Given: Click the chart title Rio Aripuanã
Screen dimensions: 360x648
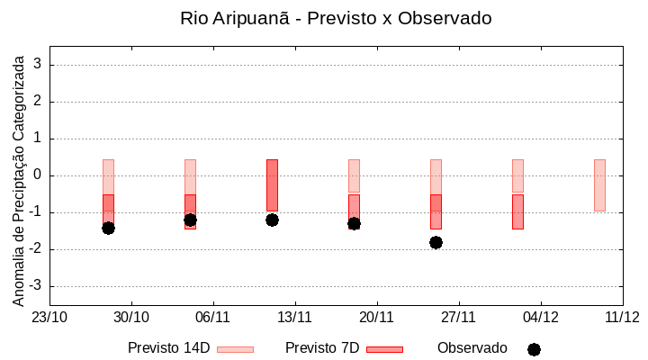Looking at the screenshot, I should (x=336, y=19).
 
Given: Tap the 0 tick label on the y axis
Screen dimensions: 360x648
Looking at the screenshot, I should (x=38, y=175).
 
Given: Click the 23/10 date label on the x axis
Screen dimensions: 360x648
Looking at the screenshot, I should (x=49, y=317).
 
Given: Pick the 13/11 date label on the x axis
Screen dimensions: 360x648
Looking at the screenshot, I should (x=294, y=317).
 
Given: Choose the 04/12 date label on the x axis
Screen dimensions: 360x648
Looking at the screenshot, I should (x=540, y=317).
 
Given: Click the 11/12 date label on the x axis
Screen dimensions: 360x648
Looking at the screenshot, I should (x=622, y=317).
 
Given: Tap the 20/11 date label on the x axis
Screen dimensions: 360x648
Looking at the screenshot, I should (x=376, y=317).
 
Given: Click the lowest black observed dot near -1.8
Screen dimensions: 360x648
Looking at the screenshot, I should (x=436, y=242).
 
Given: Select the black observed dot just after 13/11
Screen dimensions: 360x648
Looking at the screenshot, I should (x=354, y=223).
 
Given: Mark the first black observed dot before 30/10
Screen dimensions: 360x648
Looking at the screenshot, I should (x=108, y=228).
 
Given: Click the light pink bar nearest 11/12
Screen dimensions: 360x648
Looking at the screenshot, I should (x=599, y=184).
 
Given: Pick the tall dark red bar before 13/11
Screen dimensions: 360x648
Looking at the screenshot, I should (x=272, y=184).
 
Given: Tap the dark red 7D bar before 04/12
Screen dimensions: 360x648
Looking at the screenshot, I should (x=517, y=211).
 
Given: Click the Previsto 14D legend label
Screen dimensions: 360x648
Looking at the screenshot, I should (x=168, y=348).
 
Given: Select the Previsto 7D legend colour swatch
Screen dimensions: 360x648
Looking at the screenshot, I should (x=384, y=349).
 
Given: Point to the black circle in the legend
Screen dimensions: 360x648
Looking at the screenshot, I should (x=534, y=349).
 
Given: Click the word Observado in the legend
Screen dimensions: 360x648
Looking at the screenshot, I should (x=472, y=348).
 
